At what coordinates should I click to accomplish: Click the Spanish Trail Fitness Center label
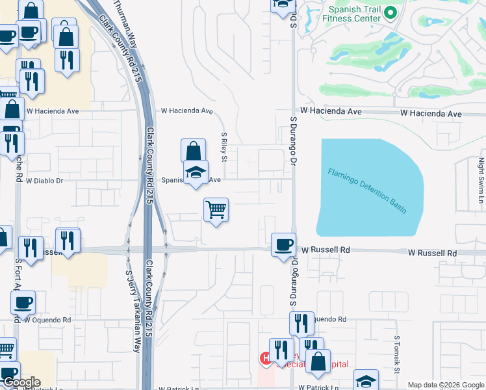pos(354,14)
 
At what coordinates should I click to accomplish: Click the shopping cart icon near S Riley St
pos(216,210)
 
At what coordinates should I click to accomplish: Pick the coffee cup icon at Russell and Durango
pos(283,245)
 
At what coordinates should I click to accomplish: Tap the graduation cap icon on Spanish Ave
pos(196,172)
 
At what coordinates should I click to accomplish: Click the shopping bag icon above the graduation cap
pos(194,151)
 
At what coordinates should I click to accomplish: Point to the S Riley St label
pos(224,148)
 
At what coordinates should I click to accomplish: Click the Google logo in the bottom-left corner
pos(21,382)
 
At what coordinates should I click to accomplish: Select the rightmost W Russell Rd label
pos(433,252)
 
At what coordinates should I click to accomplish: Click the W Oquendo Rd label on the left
pos(47,320)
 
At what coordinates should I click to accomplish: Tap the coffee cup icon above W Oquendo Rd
pos(23,302)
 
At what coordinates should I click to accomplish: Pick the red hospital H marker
pos(266,358)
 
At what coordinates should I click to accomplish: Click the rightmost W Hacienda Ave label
pos(431,113)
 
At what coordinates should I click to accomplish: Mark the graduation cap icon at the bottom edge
pos(366,381)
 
